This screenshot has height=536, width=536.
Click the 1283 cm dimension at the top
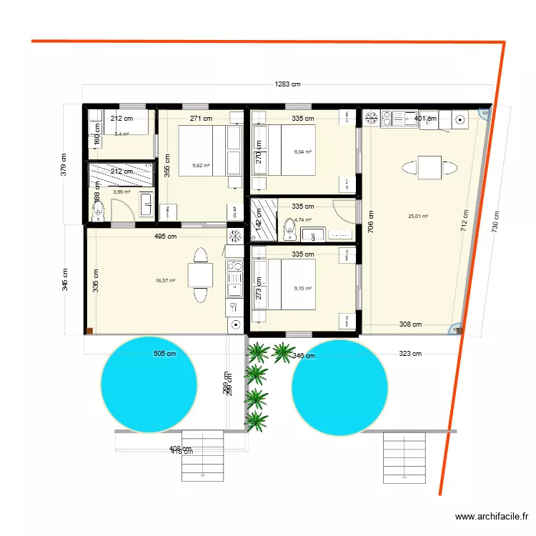[287, 84]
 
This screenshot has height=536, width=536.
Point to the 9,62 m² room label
[201, 166]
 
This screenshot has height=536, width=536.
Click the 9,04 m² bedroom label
[303, 152]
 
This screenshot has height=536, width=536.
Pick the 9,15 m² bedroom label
[303, 289]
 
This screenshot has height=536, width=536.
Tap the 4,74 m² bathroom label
[302, 219]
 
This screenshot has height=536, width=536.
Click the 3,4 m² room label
[121, 134]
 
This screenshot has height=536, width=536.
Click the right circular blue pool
[341, 386]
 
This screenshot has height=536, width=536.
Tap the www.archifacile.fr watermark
[492, 517]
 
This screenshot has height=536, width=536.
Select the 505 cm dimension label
[164, 353]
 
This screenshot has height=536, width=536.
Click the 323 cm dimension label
[410, 353]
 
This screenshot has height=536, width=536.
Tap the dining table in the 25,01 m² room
[429, 169]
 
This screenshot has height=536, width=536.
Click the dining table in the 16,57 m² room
[199, 275]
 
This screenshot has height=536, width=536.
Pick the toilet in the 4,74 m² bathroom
[290, 228]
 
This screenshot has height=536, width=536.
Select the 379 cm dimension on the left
[64, 165]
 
